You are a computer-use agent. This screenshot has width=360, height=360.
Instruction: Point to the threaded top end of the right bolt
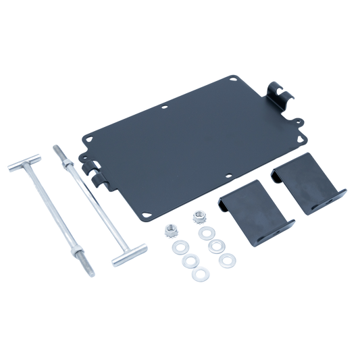click(56, 147)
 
